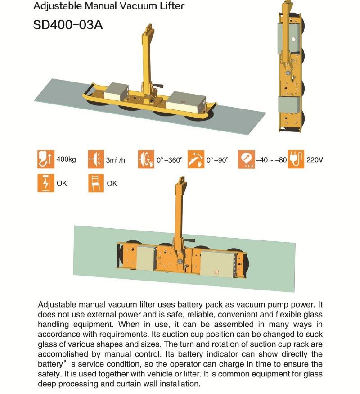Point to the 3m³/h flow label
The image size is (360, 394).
(116, 160)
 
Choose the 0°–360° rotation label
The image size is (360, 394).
(169, 160)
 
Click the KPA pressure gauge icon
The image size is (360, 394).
(246, 160)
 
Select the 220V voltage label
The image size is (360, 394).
(315, 160)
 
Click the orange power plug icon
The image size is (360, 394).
(296, 160)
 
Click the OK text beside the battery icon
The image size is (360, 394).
(62, 184)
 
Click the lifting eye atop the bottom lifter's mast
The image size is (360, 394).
(182, 181)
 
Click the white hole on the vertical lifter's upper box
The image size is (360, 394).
(293, 39)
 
